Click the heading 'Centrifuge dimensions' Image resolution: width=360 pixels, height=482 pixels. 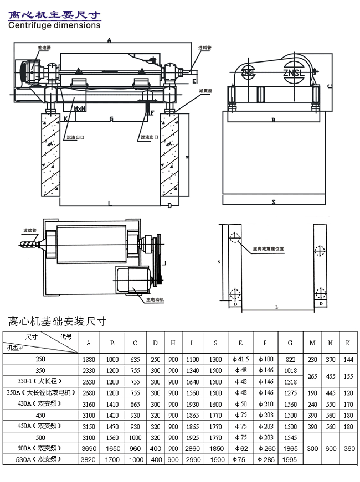point(54,25)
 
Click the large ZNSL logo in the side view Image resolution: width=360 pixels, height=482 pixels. point(293,73)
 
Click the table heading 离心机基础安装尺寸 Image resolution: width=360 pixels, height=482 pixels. point(57,321)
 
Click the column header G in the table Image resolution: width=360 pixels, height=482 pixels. point(290,343)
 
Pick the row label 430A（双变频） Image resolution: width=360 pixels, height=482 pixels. point(40,404)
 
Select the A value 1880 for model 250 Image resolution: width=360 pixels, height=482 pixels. point(88,359)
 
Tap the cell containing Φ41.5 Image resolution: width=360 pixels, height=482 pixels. point(240,359)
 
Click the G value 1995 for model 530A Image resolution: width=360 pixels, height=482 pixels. point(290,459)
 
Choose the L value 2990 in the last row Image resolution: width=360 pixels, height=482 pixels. point(192,459)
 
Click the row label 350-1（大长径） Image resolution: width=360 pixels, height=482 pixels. point(40,382)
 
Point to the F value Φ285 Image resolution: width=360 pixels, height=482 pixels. point(265,459)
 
